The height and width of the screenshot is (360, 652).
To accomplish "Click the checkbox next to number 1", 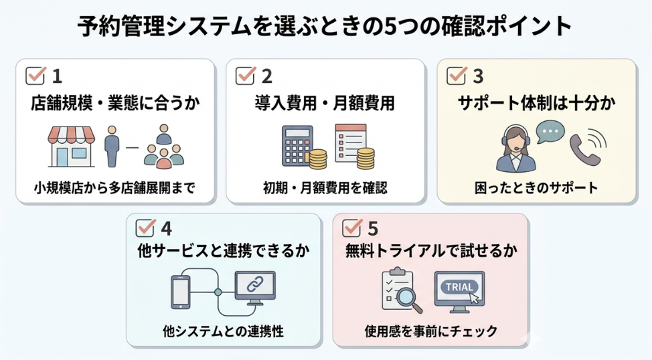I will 35,75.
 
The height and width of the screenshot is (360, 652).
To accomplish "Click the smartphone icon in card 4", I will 181,292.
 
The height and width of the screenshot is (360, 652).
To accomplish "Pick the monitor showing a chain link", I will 254,289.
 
